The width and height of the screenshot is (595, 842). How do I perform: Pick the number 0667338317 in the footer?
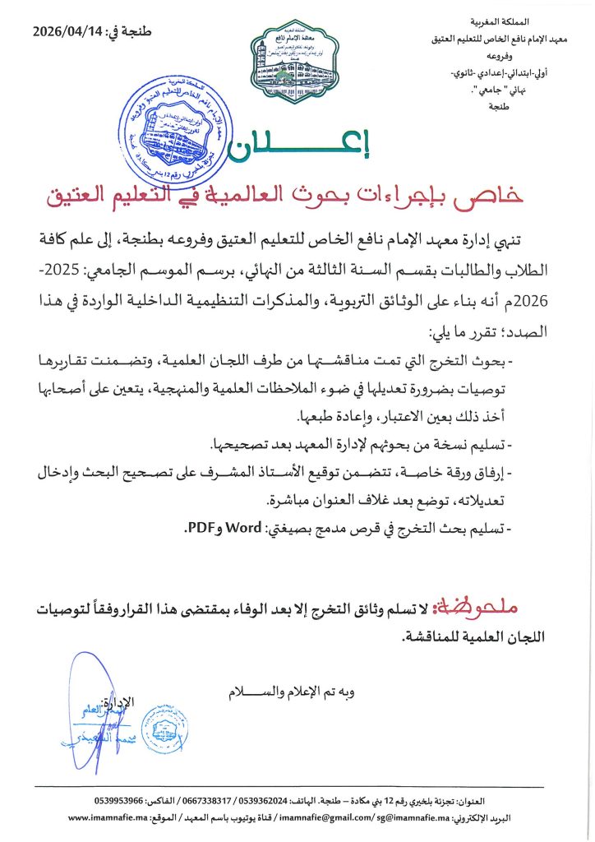click(214, 800)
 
